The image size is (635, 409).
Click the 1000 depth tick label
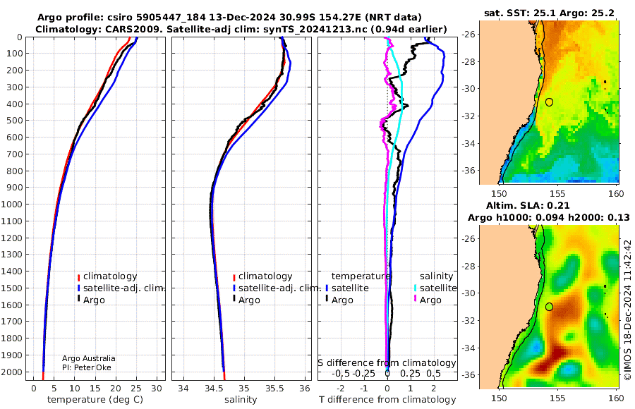(11, 204)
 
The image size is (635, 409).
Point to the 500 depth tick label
(14, 121)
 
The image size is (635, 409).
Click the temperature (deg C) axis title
(95, 400)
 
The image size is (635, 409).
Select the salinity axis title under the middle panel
(241, 400)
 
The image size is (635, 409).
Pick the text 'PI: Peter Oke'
(87, 367)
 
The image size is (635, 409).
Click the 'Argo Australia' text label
(89, 358)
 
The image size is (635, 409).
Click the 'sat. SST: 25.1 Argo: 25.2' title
(549, 13)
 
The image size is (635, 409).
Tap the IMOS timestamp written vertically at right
(628, 310)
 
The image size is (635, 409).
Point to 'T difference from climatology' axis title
(387, 400)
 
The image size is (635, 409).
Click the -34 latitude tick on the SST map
(468, 143)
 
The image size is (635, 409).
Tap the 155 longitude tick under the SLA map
(557, 398)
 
